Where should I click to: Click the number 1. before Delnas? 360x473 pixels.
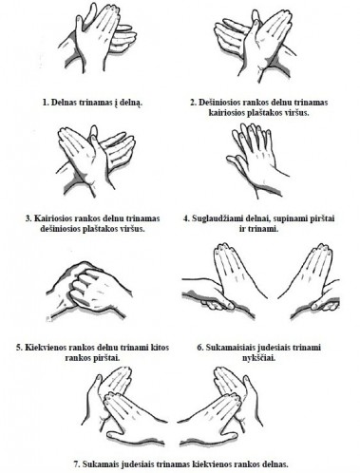pyautogui.click(x=46, y=103)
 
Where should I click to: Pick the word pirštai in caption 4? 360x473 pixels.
pyautogui.click(x=322, y=218)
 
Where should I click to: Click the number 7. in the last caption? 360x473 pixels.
pyautogui.click(x=77, y=464)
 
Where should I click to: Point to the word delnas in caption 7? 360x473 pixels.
pyautogui.click(x=276, y=464)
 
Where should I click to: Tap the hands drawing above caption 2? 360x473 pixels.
pyautogui.click(x=253, y=45)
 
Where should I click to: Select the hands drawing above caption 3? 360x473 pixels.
pyautogui.click(x=96, y=161)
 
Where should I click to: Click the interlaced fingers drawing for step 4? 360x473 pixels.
pyautogui.click(x=257, y=160)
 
